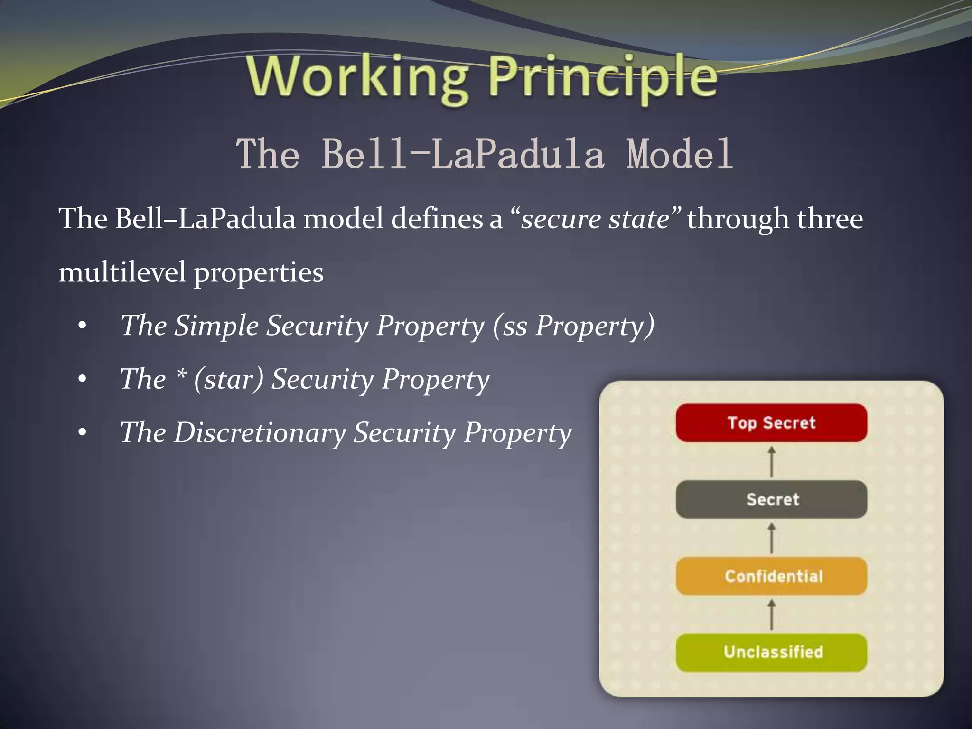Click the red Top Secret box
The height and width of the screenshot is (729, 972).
pos(771,422)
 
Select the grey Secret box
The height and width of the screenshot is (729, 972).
pos(771,499)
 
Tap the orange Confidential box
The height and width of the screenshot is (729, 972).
pos(771,576)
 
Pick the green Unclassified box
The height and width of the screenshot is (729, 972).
pos(771,652)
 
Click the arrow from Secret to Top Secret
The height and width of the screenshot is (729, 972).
pos(772,461)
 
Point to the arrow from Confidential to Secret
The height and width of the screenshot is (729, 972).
pos(772,538)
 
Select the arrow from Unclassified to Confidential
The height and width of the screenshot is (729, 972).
pos(772,615)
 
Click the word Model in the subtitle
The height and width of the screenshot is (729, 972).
pos(680,154)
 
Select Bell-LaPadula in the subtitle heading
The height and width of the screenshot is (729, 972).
pos(463,154)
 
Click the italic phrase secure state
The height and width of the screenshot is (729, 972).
pos(595,219)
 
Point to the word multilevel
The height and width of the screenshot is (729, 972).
pos(122,272)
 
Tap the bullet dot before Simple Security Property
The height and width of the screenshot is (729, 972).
pos(83,327)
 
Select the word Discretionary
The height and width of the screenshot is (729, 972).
pos(260,433)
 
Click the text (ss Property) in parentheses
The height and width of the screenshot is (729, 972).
pos(573,327)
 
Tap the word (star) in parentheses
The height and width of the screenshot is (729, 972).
pos(228,380)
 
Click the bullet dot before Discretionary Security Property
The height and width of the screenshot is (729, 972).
pos(83,433)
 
